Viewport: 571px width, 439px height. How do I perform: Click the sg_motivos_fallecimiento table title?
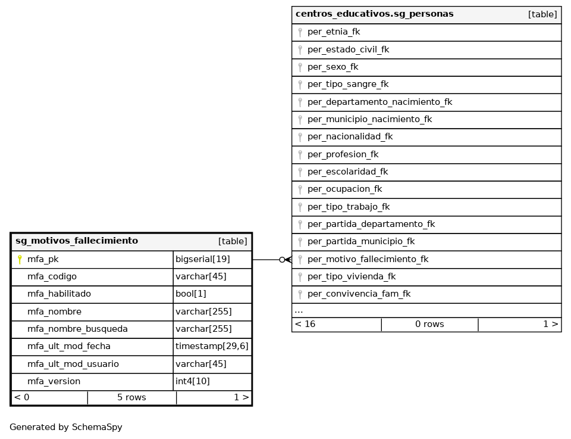77,241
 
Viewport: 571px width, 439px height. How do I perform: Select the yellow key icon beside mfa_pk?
20,260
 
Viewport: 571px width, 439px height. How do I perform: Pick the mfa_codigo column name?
52,276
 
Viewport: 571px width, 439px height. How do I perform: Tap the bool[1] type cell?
191,294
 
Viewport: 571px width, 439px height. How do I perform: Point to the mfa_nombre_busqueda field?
77,329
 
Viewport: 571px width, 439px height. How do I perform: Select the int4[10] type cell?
193,381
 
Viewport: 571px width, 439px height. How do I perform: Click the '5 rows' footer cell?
131,397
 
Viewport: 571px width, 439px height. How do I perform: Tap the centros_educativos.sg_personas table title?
374,14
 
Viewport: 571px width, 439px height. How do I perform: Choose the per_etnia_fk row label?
334,32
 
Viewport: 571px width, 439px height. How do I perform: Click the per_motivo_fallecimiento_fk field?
368,259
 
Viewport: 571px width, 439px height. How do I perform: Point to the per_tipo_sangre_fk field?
348,85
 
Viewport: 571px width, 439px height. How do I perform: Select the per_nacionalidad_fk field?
350,137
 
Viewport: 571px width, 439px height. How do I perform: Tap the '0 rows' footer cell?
429,325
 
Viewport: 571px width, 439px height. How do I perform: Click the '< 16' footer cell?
305,325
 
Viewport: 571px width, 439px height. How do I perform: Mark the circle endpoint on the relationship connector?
282,260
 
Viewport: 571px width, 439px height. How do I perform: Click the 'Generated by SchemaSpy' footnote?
66,427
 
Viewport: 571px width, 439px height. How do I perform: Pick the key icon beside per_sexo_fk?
300,67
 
